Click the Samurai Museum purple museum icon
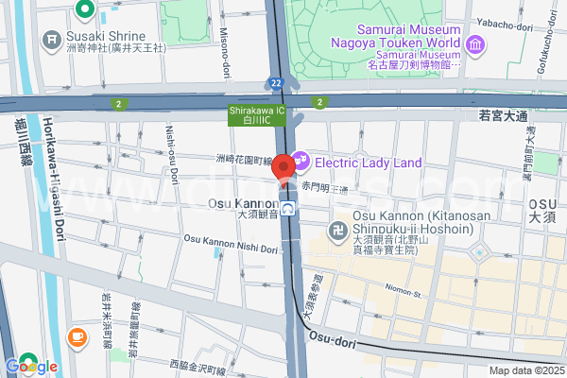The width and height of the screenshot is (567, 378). click(474, 43)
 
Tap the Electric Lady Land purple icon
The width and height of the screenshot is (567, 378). click(301, 162)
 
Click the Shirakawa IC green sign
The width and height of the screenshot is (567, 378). click(252, 114)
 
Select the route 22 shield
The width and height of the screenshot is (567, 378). click(274, 83)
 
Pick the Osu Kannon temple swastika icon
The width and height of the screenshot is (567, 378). click(337, 231)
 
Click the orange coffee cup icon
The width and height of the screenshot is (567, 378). click(75, 336)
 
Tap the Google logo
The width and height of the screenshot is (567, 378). click(31, 366)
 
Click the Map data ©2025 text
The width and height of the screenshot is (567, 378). click(524, 370)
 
